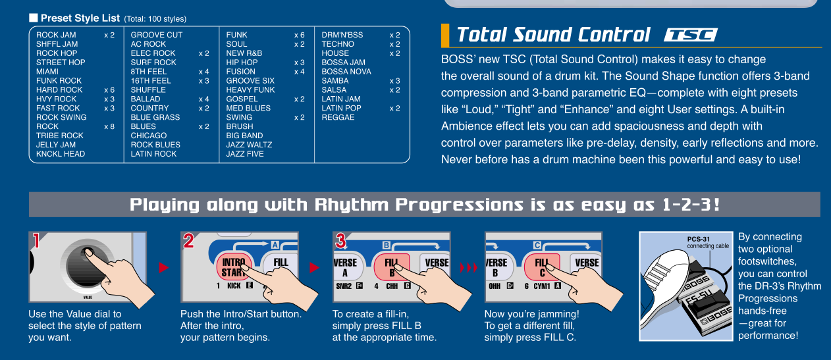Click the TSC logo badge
click(x=690, y=35)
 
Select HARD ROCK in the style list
click(x=59, y=90)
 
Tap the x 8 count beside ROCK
click(x=109, y=126)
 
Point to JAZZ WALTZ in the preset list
click(x=249, y=145)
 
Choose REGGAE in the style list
click(x=338, y=117)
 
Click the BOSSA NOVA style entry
click(x=346, y=72)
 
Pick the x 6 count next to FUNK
click(x=300, y=35)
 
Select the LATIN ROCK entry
click(x=153, y=154)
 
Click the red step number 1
click(x=36, y=241)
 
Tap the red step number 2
click(x=188, y=241)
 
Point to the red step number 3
click(x=340, y=241)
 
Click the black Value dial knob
click(x=86, y=265)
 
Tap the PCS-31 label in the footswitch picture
click(x=698, y=239)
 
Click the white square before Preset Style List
click(x=34, y=18)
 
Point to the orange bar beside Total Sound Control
click(x=445, y=36)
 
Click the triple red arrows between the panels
click(x=469, y=267)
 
